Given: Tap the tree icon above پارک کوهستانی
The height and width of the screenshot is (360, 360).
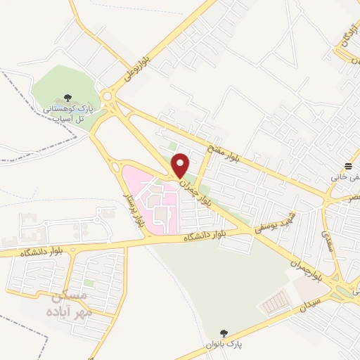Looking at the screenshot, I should click(67, 98).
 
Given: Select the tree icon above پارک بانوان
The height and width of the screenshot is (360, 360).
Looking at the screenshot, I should click(224, 332).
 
